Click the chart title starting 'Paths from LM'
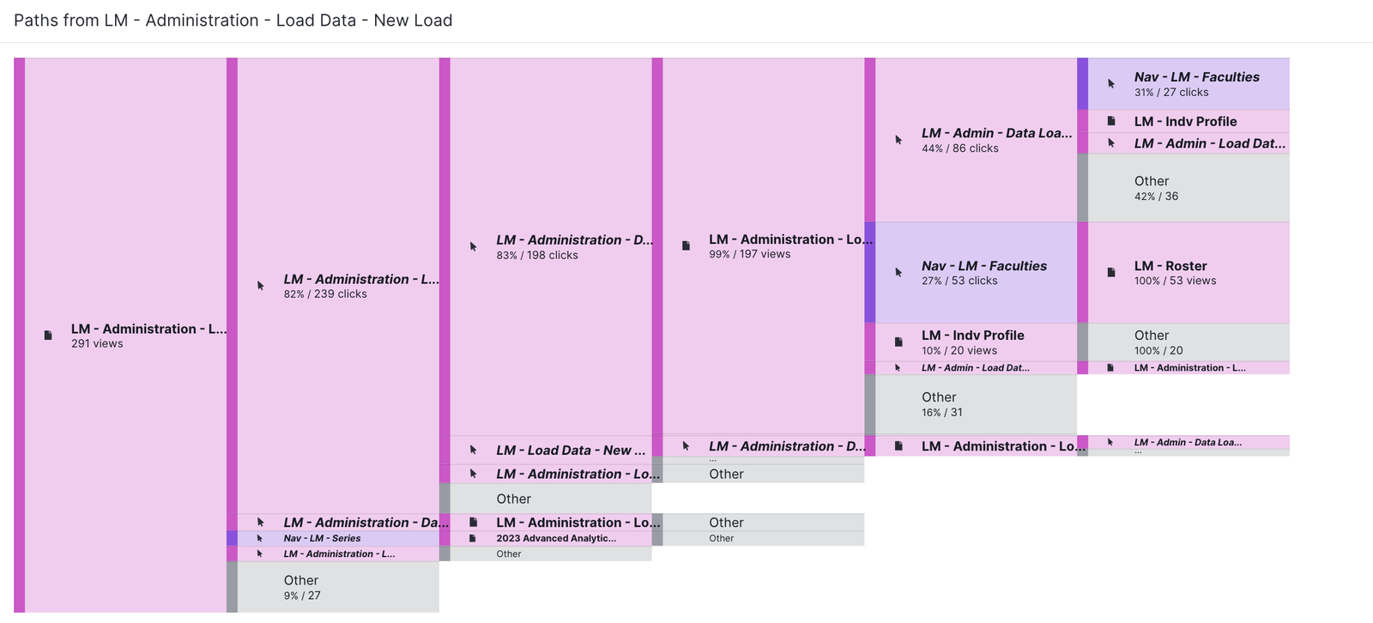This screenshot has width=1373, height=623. (x=233, y=21)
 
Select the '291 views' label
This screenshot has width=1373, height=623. (x=97, y=344)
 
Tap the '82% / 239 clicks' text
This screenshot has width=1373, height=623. (x=325, y=294)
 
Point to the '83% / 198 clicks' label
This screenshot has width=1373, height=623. (x=537, y=256)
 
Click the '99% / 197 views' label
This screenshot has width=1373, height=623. (x=749, y=255)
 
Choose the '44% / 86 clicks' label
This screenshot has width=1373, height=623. (x=959, y=148)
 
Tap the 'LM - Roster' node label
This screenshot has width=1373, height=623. (x=1170, y=266)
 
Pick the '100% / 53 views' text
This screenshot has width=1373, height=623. (x=1175, y=281)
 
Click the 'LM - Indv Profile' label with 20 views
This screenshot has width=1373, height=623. (x=972, y=336)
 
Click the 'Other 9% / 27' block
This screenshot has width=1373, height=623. (x=337, y=587)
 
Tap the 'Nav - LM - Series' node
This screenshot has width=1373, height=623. (x=322, y=539)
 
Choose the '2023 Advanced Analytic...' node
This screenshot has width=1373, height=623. (x=555, y=539)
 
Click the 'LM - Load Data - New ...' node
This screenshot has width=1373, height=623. (x=570, y=451)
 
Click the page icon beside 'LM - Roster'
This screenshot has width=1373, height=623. (x=1111, y=273)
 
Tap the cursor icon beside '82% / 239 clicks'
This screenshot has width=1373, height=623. (x=260, y=286)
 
